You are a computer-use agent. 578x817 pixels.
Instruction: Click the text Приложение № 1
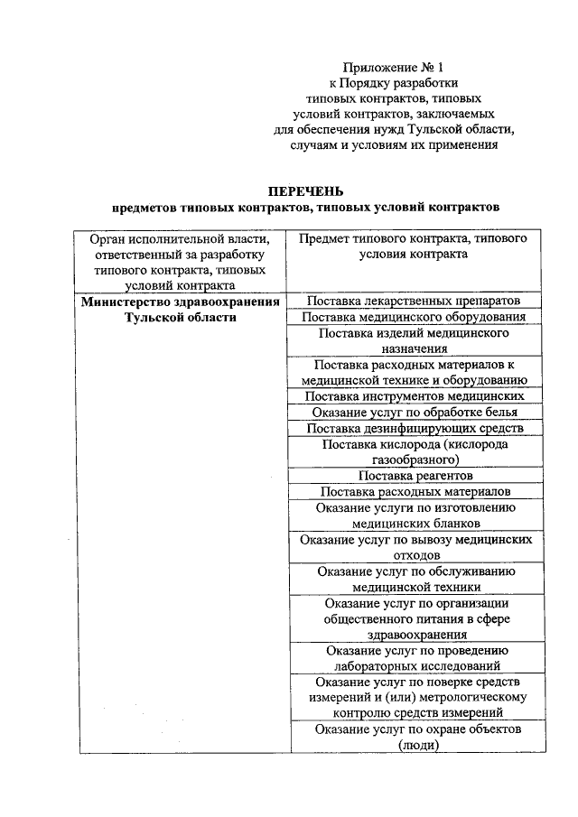click(394, 67)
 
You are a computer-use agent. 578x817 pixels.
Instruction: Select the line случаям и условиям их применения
click(394, 144)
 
